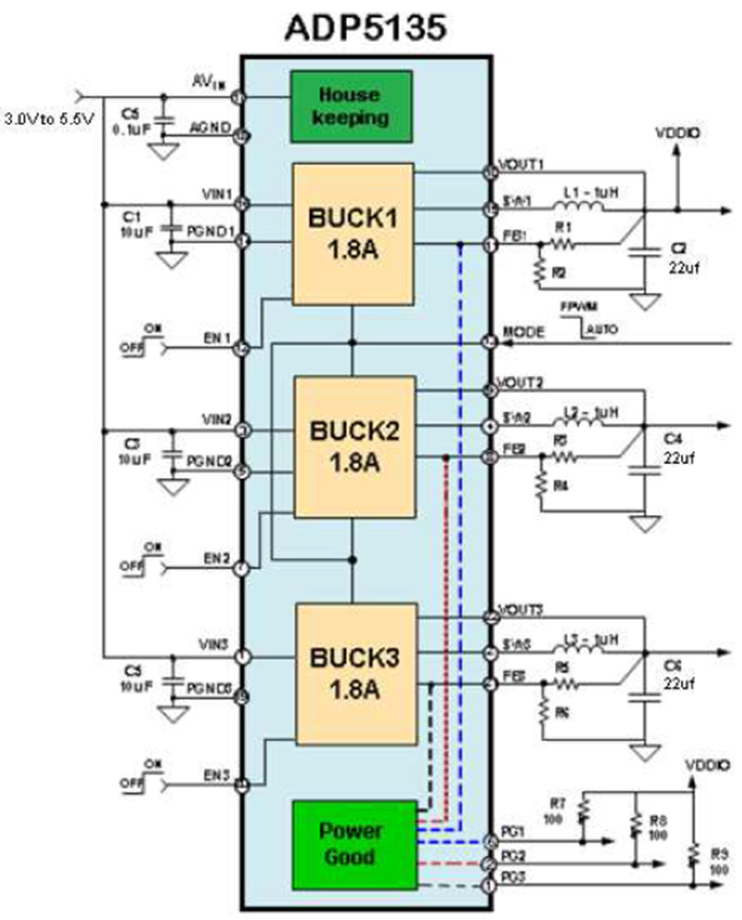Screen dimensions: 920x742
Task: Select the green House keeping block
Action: (x=351, y=106)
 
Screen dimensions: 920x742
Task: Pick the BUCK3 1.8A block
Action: (x=355, y=673)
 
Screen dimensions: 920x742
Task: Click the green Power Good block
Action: (x=350, y=843)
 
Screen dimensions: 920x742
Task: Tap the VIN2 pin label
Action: (x=218, y=420)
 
